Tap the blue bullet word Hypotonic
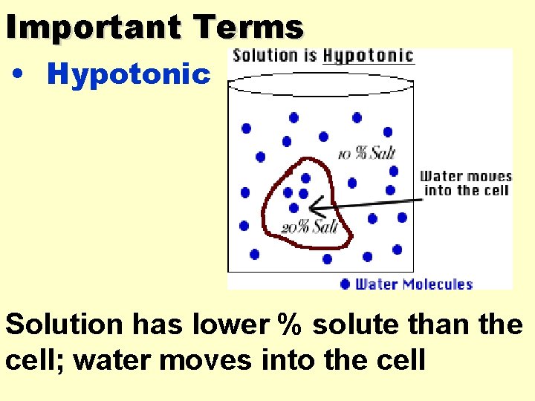(129, 74)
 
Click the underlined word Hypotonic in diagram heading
(368, 56)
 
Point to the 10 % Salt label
(366, 154)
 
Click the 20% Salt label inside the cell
(309, 227)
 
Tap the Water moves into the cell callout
(466, 183)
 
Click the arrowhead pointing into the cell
(315, 204)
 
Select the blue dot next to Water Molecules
(345, 284)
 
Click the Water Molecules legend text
(414, 284)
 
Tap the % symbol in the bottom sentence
(292, 325)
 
